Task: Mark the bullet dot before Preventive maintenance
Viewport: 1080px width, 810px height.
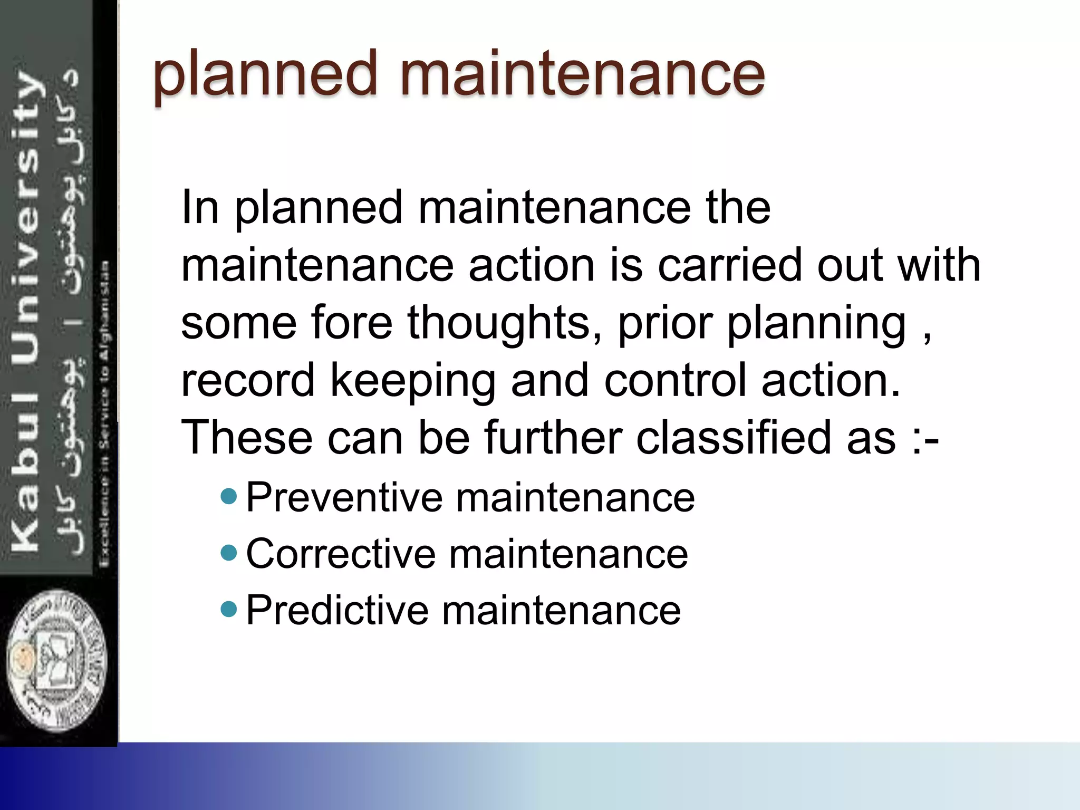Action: pyautogui.click(x=229, y=496)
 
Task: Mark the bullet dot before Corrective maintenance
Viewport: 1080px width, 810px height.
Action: pyautogui.click(x=229, y=553)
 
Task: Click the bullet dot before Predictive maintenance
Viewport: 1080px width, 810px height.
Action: pyautogui.click(x=229, y=610)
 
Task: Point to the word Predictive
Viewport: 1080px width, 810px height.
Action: pyautogui.click(x=337, y=611)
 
